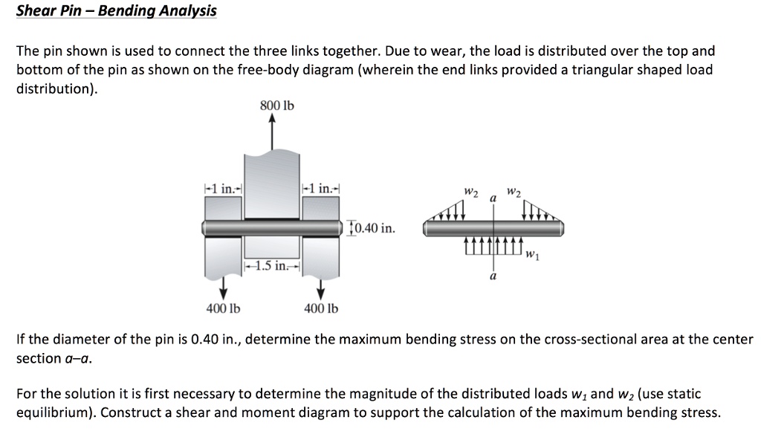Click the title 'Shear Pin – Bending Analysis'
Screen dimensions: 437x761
pyautogui.click(x=117, y=11)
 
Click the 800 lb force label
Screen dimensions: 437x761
pyautogui.click(x=276, y=106)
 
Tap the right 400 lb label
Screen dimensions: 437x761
pyautogui.click(x=321, y=308)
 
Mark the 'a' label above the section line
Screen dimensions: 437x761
pyautogui.click(x=492, y=200)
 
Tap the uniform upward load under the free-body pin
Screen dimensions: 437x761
pyautogui.click(x=493, y=245)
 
